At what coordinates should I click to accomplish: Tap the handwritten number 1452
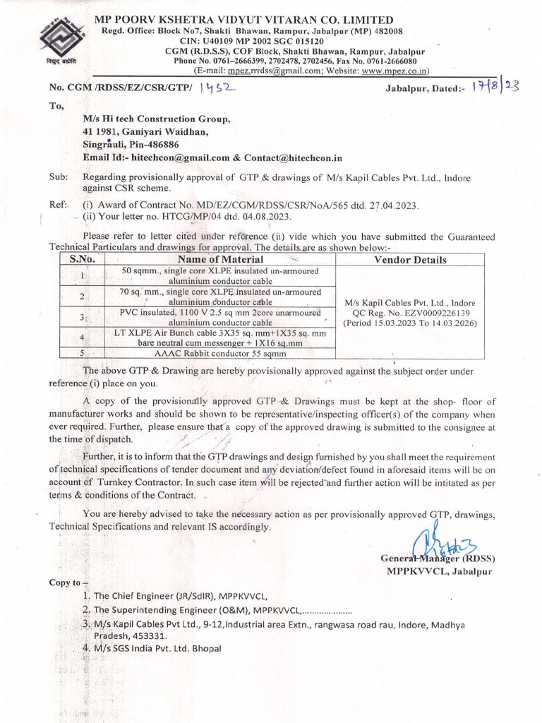tap(217, 87)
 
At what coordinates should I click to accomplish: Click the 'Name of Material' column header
tap(220, 259)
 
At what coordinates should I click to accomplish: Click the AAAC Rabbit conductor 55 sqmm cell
tap(220, 353)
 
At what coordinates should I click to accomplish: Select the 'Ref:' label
tap(58, 205)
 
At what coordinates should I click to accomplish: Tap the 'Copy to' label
tap(65, 582)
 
